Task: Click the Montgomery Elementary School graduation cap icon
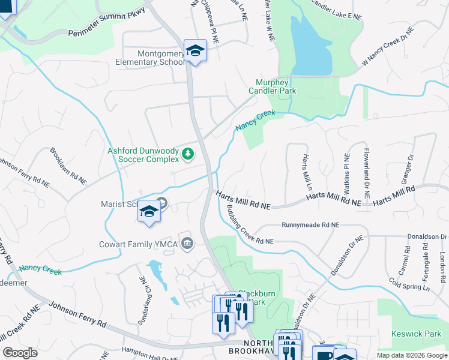[x=195, y=50]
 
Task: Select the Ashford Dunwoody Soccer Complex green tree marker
[x=188, y=155]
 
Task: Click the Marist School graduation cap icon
[x=149, y=212]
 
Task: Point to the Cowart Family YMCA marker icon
[x=187, y=243]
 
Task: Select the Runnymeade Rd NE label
[x=310, y=225]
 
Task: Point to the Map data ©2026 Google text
[x=412, y=355]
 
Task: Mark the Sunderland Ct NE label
[x=142, y=292]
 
